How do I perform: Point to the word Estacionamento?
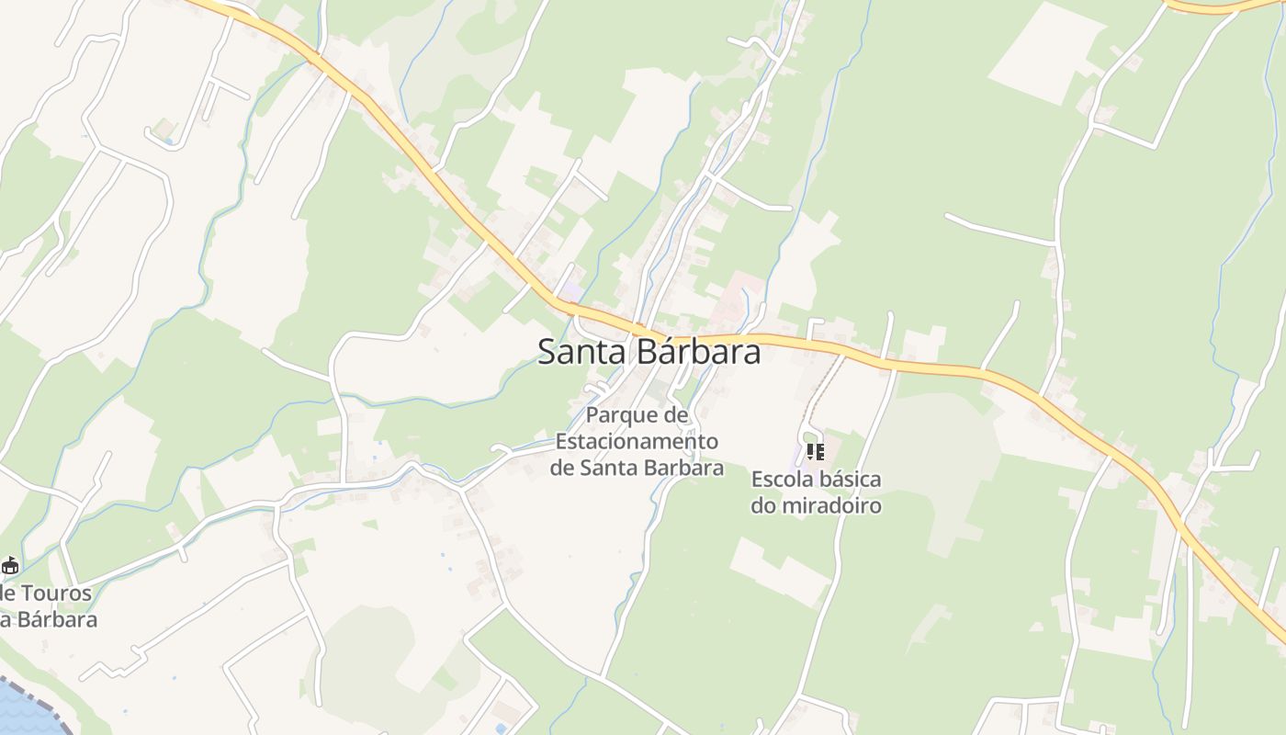click(x=637, y=441)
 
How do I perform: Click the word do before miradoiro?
click(x=763, y=505)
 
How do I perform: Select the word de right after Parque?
click(x=675, y=415)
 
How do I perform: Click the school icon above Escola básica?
click(x=815, y=451)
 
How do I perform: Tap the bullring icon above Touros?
click(x=10, y=565)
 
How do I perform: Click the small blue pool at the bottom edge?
click(x=500, y=729)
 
